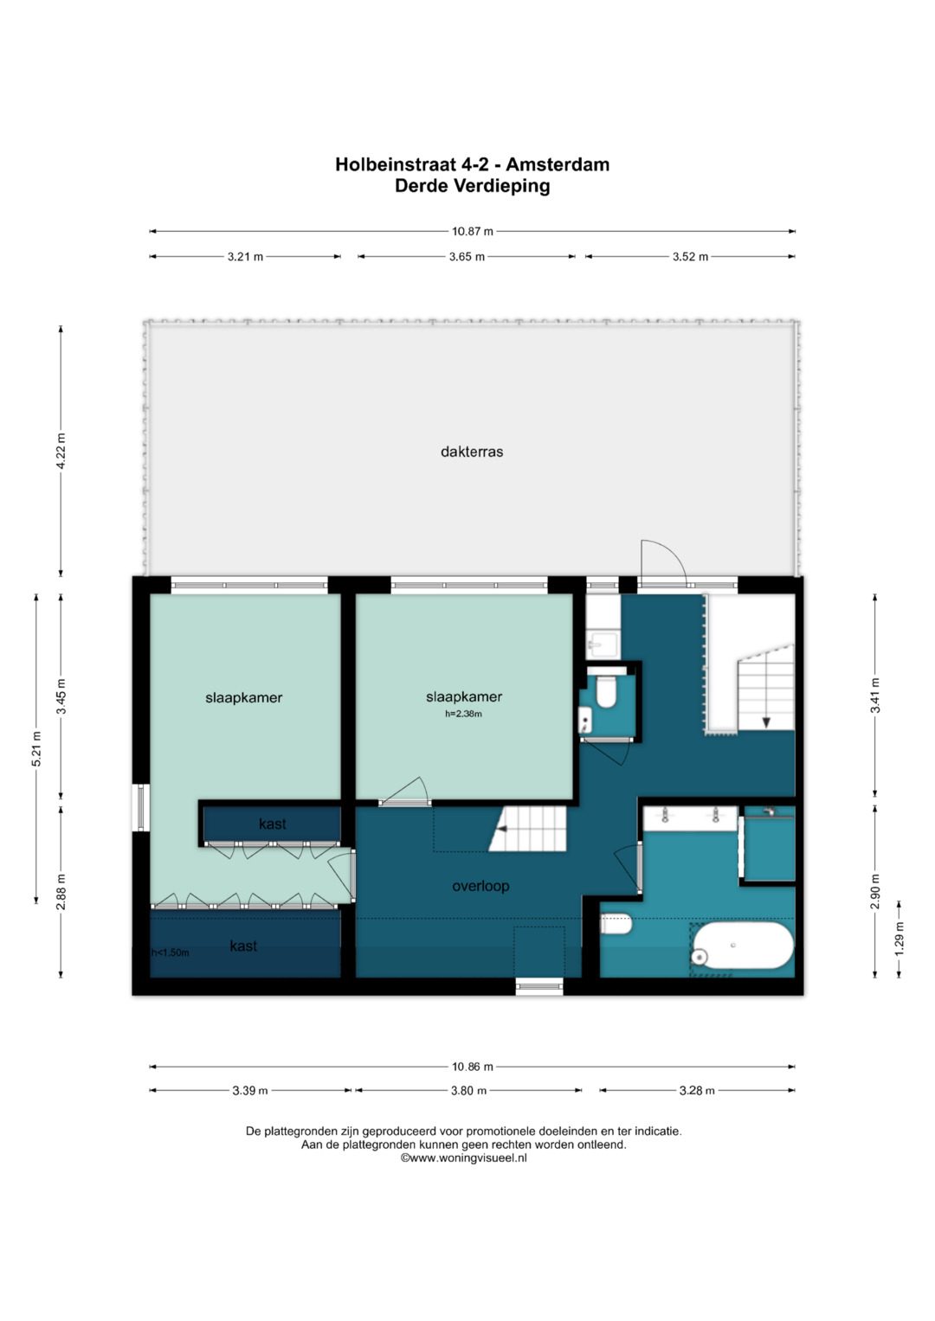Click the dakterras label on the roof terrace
[x=472, y=452]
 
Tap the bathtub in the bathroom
[x=742, y=946]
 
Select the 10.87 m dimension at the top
[x=472, y=231]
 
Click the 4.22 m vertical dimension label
[x=61, y=451]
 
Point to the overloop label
[x=480, y=886]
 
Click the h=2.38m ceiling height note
[x=463, y=715]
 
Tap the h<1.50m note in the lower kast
[x=171, y=952]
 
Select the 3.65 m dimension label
[x=467, y=257]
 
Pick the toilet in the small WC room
[x=606, y=692]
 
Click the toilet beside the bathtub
[x=616, y=924]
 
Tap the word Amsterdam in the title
[x=558, y=164]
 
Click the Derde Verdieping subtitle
[x=472, y=186]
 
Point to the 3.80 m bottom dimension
[x=468, y=1090]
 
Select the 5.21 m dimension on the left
[x=36, y=748]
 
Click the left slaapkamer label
[x=244, y=697]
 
